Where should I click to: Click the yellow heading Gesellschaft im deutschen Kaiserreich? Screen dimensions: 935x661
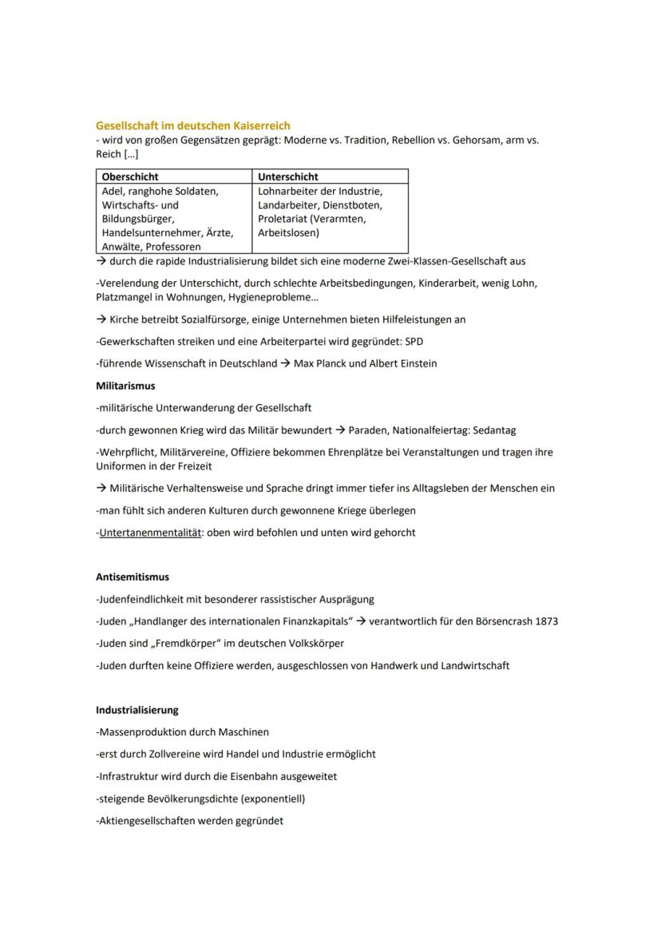[192, 125]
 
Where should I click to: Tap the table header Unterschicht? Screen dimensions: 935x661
[288, 176]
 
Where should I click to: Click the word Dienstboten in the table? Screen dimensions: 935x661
[352, 205]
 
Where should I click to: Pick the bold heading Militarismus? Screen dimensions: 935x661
[125, 386]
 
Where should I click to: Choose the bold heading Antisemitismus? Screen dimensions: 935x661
[133, 576]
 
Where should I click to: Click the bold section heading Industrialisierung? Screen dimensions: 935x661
[137, 710]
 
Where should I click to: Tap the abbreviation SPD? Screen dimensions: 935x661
[413, 341]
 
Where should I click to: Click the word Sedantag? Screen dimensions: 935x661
[494, 430]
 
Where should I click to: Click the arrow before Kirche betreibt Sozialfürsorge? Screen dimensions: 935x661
[101, 319]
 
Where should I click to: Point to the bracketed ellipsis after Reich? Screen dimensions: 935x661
[131, 154]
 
